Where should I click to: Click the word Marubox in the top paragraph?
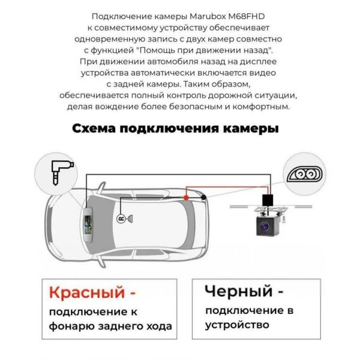(208, 17)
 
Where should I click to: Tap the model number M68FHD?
(247, 17)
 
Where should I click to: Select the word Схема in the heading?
(94, 128)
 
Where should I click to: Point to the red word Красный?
(87, 292)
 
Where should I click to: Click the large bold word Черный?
(239, 291)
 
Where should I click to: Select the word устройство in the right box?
(237, 325)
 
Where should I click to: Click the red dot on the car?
(186, 197)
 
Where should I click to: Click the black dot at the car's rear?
(203, 197)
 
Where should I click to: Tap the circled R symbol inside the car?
(121, 219)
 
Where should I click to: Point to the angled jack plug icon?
(61, 172)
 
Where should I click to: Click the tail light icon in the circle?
(304, 174)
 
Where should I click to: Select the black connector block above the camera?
(268, 200)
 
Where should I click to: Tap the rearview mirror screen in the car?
(88, 224)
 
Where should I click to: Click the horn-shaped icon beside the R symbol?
(130, 219)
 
